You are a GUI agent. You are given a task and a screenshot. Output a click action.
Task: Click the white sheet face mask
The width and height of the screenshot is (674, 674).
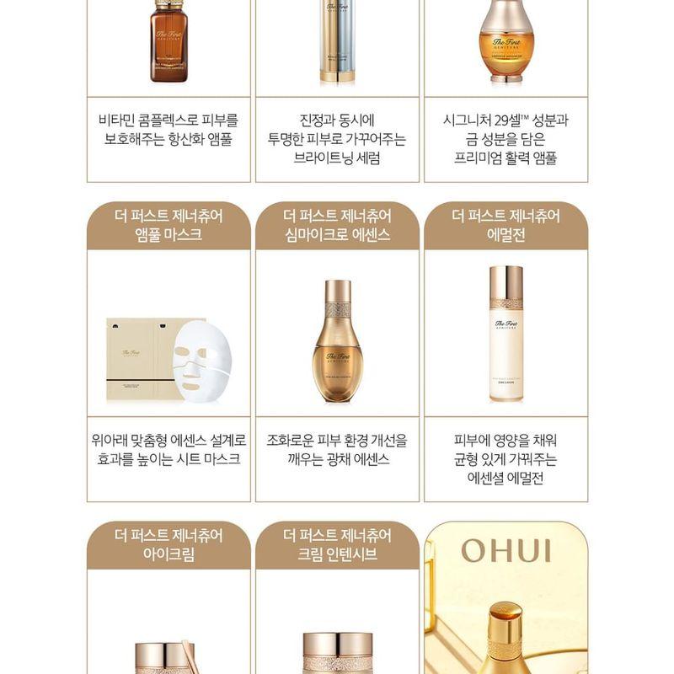tap(201, 358)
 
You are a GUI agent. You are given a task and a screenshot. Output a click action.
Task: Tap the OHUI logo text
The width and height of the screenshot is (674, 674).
tap(505, 552)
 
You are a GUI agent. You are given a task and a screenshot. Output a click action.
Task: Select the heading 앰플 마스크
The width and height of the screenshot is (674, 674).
tap(168, 235)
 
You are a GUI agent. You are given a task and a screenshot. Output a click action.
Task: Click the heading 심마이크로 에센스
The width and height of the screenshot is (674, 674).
tap(337, 235)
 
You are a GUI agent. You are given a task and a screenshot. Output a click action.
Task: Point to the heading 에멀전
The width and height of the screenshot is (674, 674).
tap(505, 235)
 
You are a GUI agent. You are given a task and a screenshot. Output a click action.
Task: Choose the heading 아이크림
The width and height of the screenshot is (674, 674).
tap(168, 554)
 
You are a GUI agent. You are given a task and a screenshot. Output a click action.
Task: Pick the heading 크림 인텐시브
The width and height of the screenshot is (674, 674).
tap(337, 554)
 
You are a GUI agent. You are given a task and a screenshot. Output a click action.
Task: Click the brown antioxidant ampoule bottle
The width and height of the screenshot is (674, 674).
tap(168, 42)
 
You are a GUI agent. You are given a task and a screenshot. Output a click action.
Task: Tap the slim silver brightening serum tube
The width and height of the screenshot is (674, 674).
tap(337, 42)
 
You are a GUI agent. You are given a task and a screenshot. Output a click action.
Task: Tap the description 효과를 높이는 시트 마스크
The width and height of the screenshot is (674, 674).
tap(168, 459)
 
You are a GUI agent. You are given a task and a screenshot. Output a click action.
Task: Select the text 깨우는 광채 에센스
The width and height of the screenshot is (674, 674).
tap(337, 459)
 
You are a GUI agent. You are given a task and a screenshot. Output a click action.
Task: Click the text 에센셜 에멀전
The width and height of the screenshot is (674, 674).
tap(505, 478)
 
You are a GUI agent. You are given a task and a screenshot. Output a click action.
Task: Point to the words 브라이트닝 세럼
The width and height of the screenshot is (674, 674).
tap(337, 158)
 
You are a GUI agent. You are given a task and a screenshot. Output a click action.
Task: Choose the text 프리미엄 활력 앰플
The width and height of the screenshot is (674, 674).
tap(505, 158)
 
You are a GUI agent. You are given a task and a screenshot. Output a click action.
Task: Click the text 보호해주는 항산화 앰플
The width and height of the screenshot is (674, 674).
tap(168, 139)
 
